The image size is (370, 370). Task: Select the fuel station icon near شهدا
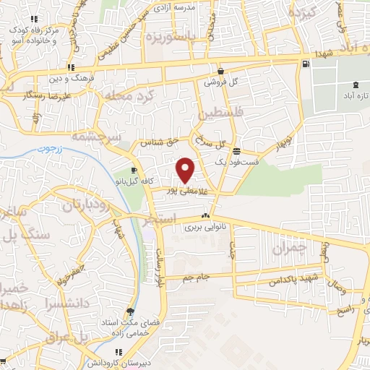[x=306, y=64]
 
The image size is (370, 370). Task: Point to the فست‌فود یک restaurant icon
[x=237, y=150]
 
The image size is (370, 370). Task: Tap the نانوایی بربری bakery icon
[x=207, y=215]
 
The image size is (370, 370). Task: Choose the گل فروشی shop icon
[x=220, y=72]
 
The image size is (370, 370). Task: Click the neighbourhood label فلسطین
[x=214, y=114]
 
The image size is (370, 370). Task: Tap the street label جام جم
[x=197, y=277]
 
